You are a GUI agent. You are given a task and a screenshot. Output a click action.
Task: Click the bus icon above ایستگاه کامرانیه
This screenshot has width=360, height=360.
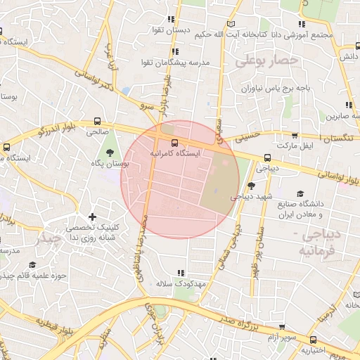pos(174,141)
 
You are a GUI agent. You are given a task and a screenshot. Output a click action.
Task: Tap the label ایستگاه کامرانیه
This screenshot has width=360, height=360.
pos(175,153)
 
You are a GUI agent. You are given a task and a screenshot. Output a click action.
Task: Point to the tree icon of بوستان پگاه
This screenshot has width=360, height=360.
pos(108,153)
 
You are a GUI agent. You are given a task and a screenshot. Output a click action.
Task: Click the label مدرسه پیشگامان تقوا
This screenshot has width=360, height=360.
pos(181,63)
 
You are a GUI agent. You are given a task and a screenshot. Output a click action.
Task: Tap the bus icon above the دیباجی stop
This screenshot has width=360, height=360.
pos(267,158)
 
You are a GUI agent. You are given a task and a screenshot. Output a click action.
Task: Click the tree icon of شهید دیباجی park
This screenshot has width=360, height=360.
pos(252,186)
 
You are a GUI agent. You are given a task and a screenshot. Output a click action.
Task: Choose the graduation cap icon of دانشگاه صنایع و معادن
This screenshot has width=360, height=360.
pos(301,193)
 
